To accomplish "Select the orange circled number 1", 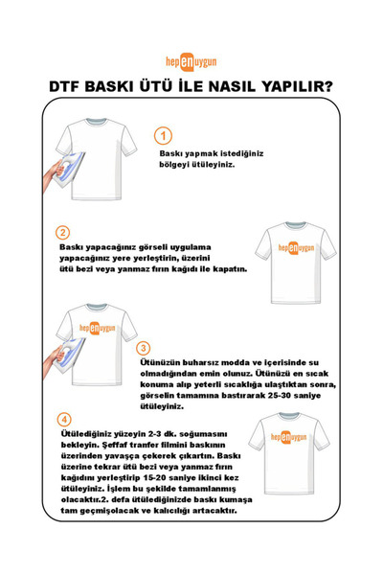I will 164,135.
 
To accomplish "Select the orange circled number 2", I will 63,232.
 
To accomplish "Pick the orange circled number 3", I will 144,348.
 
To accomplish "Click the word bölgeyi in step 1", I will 178,164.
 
